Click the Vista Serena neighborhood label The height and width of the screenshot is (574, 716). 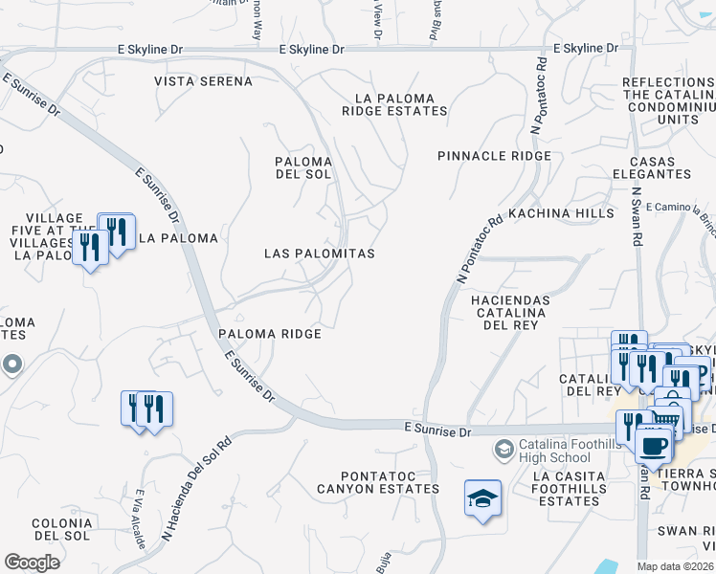coord(204,81)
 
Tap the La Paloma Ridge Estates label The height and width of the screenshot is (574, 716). coord(394,104)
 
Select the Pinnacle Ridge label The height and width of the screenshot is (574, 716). coord(494,156)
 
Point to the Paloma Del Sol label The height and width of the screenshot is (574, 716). coord(302,168)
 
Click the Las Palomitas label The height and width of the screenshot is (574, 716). coord(319,254)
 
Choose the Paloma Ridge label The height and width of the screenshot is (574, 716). coord(269,334)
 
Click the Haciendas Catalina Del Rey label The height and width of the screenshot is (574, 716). coord(511,312)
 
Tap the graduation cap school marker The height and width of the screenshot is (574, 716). coord(483,498)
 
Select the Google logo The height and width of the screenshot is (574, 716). coord(32,563)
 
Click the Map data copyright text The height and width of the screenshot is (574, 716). coord(675,566)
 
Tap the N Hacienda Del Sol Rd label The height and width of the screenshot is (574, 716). coord(196,489)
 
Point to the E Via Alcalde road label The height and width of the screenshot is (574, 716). coord(139,519)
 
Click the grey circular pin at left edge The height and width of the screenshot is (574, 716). coord(11,364)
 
